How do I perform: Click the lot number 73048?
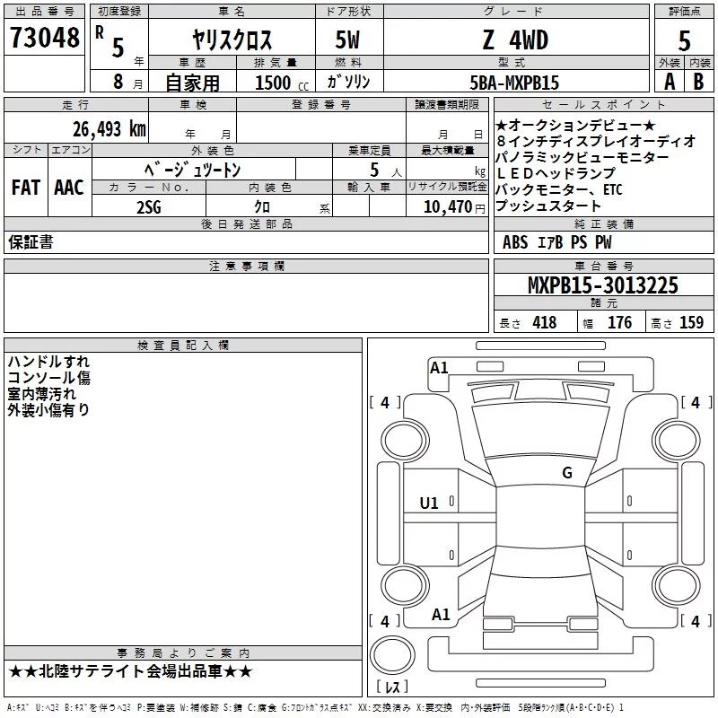pyautogui.click(x=44, y=38)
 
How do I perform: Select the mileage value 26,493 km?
pyautogui.click(x=109, y=129)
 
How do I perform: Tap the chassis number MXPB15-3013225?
pyautogui.click(x=603, y=285)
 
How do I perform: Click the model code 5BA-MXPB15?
pyautogui.click(x=514, y=83)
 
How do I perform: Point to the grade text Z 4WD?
pyautogui.click(x=515, y=39)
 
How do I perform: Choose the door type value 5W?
pyautogui.click(x=347, y=39)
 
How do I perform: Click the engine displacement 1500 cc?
pyautogui.click(x=282, y=83)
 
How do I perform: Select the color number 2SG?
pyautogui.click(x=149, y=207)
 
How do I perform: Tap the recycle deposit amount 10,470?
pyautogui.click(x=448, y=207)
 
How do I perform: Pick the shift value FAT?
pyautogui.click(x=26, y=188)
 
